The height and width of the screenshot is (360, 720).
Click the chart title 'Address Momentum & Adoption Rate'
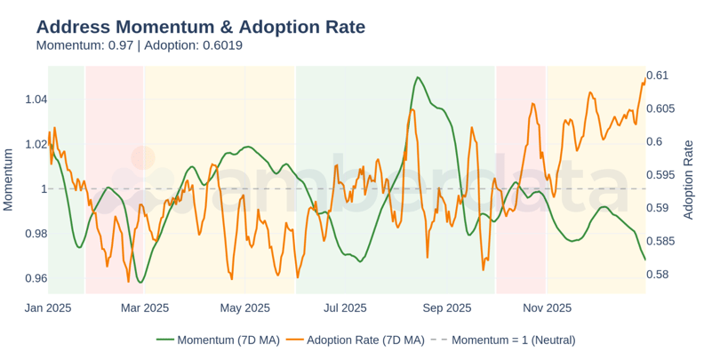pyautogui.click(x=200, y=27)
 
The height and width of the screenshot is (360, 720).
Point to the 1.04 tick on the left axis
pyautogui.click(x=36, y=99)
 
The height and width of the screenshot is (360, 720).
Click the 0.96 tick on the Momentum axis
pyautogui.click(x=36, y=278)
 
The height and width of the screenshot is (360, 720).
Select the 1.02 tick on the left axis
pyautogui.click(x=36, y=144)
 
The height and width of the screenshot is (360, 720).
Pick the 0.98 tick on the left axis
pyautogui.click(x=36, y=234)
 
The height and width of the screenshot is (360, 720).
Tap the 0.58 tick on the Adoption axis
pyautogui.click(x=658, y=274)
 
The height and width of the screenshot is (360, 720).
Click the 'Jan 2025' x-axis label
pyautogui.click(x=49, y=308)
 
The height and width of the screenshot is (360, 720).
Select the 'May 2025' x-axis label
pyautogui.click(x=244, y=308)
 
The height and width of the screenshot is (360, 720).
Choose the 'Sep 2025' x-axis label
pyautogui.click(x=446, y=308)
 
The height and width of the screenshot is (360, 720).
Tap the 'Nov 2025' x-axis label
pyautogui.click(x=547, y=308)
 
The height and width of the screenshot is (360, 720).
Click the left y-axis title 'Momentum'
pyautogui.click(x=9, y=180)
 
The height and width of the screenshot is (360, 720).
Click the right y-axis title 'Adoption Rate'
pyautogui.click(x=688, y=180)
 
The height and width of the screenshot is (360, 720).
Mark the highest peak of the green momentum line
pyautogui.click(x=417, y=77)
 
